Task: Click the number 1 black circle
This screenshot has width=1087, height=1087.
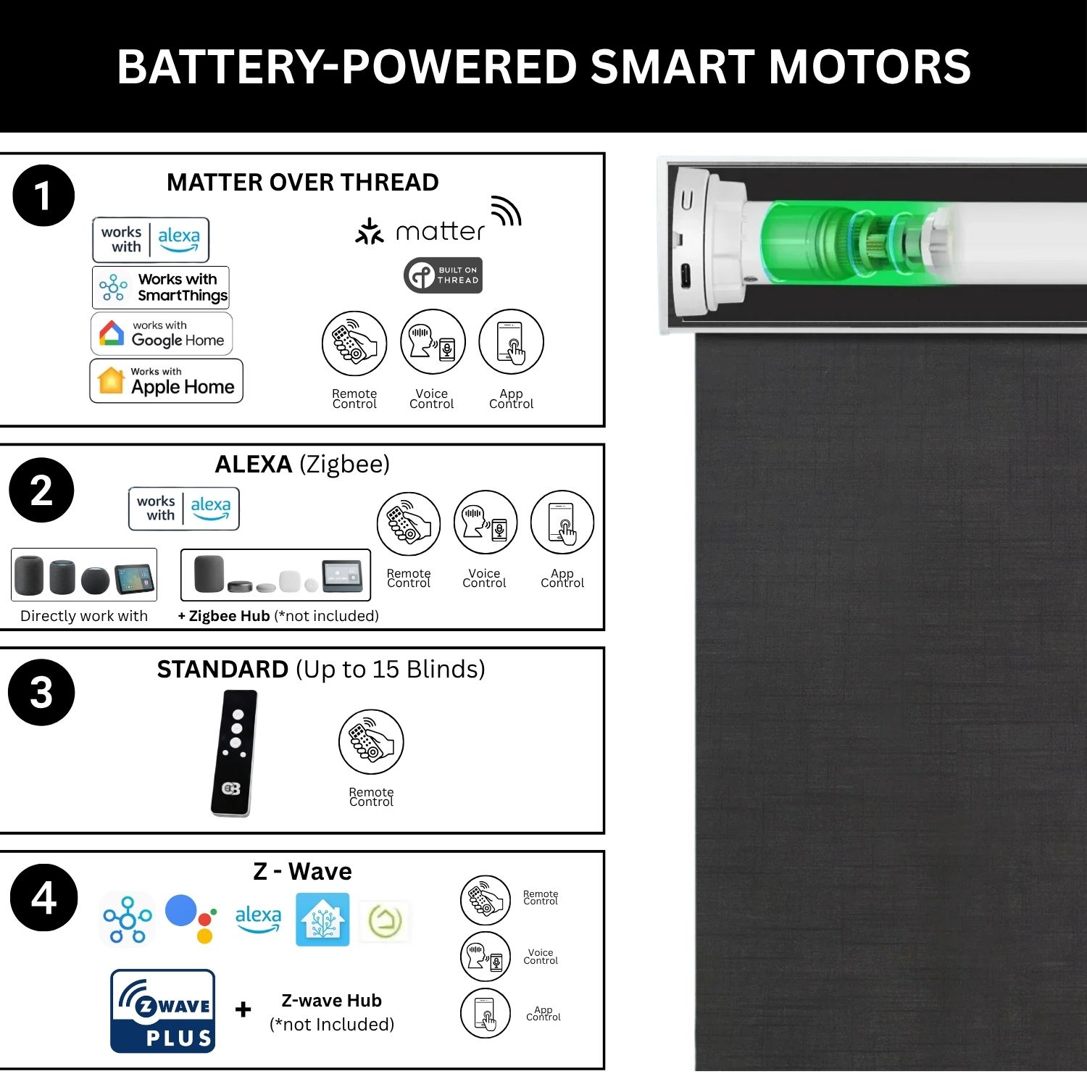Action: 43,196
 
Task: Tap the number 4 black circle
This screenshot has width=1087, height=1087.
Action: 43,898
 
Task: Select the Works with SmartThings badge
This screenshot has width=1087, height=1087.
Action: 161,287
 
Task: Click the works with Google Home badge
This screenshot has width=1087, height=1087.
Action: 162,333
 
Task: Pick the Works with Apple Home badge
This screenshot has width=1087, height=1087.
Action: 166,380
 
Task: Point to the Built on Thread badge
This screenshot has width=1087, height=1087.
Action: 443,275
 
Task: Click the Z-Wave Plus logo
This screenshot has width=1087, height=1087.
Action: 163,1010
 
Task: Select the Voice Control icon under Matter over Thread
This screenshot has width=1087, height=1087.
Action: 433,342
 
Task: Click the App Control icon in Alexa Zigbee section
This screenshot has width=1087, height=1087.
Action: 562,523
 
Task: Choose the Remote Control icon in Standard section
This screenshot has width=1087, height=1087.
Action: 371,742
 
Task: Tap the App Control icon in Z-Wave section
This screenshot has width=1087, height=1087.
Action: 486,1013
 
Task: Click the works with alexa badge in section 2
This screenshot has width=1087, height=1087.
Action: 184,509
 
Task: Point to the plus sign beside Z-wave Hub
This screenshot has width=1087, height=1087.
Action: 243,1009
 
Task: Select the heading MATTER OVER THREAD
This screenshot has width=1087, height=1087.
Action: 303,183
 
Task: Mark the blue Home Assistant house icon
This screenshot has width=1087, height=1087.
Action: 322,920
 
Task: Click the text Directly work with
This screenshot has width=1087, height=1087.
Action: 84,616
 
